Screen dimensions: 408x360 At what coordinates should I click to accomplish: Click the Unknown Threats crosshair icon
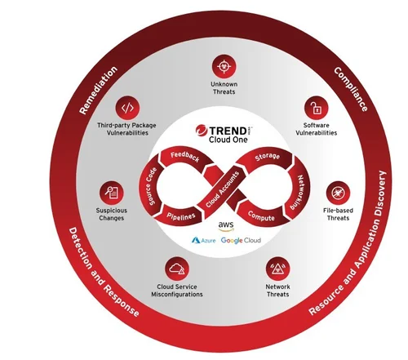click(x=224, y=66)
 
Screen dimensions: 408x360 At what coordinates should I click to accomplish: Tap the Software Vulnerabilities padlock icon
click(x=316, y=108)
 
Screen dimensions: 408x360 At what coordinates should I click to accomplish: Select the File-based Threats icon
click(x=338, y=193)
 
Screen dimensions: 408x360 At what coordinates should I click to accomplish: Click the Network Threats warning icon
click(x=277, y=269)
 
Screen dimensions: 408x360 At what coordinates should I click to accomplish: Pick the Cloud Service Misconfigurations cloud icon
click(x=177, y=269)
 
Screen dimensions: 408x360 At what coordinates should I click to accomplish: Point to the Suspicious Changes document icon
click(x=111, y=193)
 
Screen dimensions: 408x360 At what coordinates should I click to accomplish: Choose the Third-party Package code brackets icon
click(x=127, y=108)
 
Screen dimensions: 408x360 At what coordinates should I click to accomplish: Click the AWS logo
click(x=226, y=226)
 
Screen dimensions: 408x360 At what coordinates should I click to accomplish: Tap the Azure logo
click(x=204, y=240)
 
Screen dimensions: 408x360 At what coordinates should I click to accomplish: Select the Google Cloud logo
click(x=241, y=240)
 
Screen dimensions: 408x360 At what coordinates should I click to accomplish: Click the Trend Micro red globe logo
click(x=202, y=131)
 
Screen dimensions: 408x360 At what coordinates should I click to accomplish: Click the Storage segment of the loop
click(x=267, y=157)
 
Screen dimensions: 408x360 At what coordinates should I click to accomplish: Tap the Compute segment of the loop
click(x=261, y=216)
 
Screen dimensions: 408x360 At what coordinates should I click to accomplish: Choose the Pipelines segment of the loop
click(x=181, y=216)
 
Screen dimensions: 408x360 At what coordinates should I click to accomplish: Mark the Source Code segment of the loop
click(x=150, y=186)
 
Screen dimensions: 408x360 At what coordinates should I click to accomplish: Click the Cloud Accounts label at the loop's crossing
click(x=222, y=189)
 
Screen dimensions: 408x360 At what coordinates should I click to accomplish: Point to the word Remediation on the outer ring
click(x=98, y=90)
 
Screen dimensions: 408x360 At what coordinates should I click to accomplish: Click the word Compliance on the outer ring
click(x=351, y=90)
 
